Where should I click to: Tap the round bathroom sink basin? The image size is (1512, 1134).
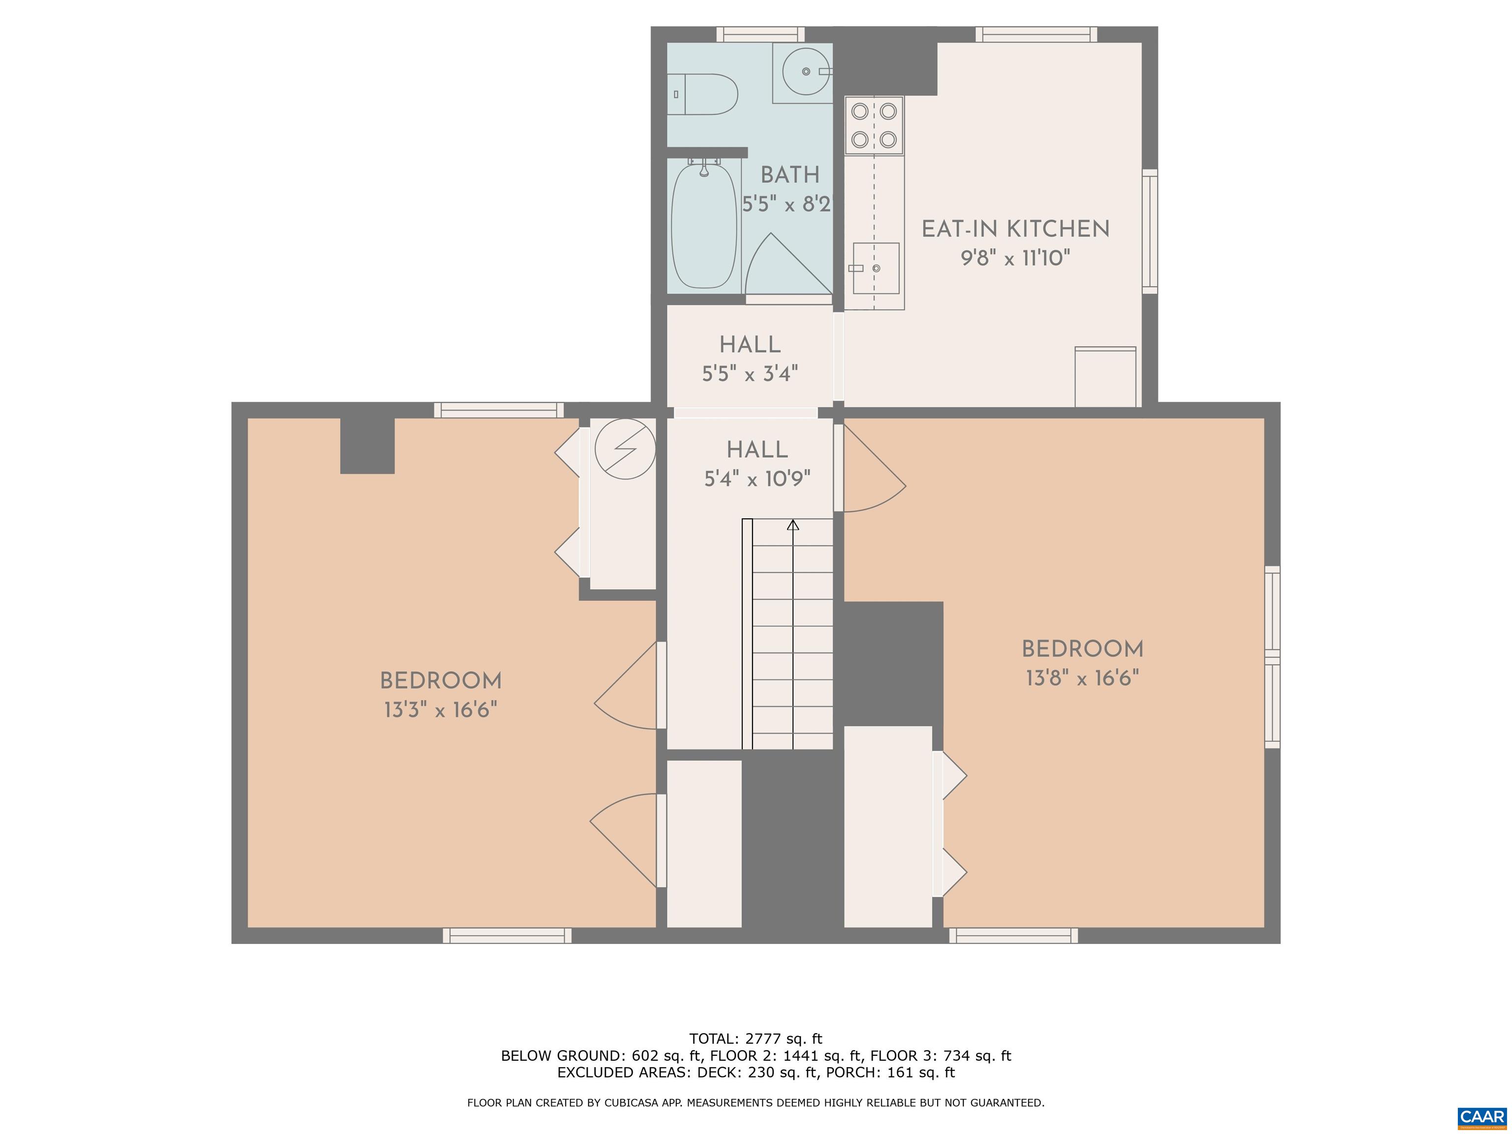pos(806,71)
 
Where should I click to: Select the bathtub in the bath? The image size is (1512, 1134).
pos(704,225)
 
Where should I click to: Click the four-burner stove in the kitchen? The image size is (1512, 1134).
pos(874,125)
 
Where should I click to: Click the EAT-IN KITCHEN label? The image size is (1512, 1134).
pos(1015,229)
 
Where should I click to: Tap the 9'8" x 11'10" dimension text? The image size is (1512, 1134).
pos(1015,258)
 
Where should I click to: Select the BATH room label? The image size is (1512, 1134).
pos(789,175)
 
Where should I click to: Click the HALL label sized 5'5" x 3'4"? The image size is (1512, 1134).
pos(750,345)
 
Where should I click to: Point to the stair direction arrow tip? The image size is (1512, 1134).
pos(793,524)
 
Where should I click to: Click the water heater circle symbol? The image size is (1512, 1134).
pos(625,448)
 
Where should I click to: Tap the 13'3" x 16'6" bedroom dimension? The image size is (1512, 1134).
pos(440,710)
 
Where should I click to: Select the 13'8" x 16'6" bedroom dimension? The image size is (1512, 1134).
pos(1082,678)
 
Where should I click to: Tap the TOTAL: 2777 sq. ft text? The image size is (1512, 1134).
pos(756,1039)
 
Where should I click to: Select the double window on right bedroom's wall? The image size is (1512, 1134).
pos(1272,657)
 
